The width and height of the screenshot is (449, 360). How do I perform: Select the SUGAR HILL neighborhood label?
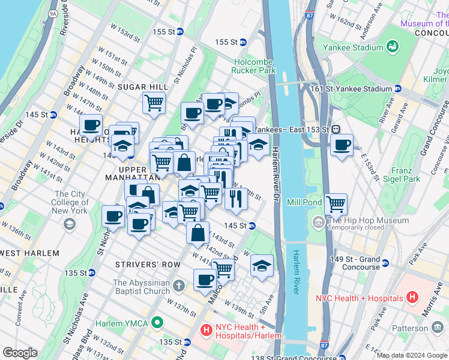tap(142, 87)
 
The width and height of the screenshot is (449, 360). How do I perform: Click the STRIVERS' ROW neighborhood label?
tap(147, 264)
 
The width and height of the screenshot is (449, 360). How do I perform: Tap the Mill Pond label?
tap(305, 202)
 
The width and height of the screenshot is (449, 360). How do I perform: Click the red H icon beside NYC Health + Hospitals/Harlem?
tap(205, 330)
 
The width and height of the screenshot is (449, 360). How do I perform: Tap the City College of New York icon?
tap(70, 224)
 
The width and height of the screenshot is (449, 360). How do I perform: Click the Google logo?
tap(20, 353)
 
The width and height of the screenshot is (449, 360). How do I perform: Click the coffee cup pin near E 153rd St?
tap(342, 145)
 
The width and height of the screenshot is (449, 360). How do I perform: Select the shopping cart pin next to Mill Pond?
tap(336, 204)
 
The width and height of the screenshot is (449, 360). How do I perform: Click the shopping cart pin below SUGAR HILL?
tap(154, 103)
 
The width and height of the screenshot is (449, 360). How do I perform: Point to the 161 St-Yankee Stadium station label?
tap(351, 89)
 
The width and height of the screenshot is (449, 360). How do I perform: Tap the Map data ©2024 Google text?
tap(412, 355)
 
